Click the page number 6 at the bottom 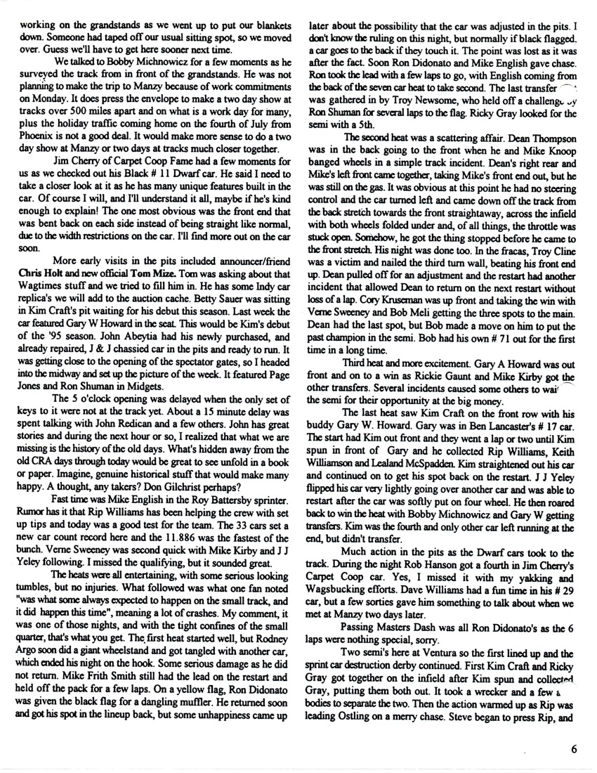574,748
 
